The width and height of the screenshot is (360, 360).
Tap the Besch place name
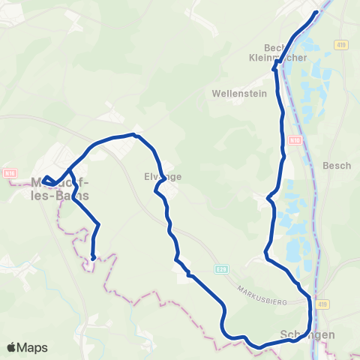pos(337,166)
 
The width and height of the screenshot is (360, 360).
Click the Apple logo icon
pos(12,348)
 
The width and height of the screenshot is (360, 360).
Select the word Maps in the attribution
pos(33,348)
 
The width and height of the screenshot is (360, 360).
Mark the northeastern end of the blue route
pos(316,11)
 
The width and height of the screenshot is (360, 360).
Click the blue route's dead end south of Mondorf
pos(92,258)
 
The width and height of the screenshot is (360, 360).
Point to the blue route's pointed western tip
pos(43,179)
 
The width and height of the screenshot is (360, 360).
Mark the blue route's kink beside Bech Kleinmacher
pos(274,68)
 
